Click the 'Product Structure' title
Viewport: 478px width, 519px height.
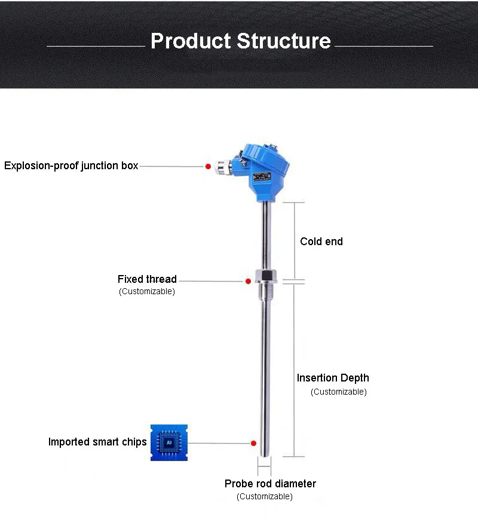240,41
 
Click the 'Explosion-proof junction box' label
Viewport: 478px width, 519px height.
71,166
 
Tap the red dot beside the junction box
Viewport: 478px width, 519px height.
208,166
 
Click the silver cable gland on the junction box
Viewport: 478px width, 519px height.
224,166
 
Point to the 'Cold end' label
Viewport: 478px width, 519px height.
321,242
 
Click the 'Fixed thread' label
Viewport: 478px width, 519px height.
147,279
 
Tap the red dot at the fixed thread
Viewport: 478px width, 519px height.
248,280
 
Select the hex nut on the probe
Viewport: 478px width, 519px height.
264,276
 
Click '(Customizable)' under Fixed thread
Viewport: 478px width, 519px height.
147,292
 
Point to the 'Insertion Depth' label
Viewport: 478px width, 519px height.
333,378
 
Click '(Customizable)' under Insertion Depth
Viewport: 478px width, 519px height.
339,392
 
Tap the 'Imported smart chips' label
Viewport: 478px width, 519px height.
97,442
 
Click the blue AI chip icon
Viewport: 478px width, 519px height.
168,442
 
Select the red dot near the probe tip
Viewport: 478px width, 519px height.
253,443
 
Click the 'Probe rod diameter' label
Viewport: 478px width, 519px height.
270,484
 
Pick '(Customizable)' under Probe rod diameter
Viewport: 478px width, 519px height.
265,496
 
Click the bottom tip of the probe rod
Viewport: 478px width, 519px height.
264,453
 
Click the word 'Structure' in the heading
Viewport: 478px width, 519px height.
284,41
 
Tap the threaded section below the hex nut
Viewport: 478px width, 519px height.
264,292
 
